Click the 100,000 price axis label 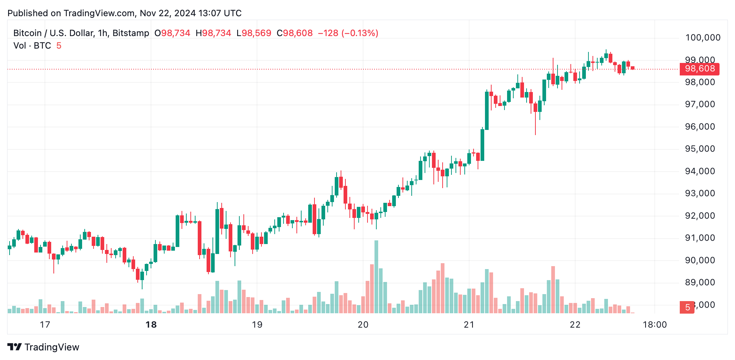(x=703, y=38)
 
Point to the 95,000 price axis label (x=700, y=149)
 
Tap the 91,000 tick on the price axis (x=700, y=238)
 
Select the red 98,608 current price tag (x=699, y=69)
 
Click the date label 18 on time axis (x=151, y=325)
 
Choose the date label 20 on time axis (x=363, y=325)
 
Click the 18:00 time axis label (x=654, y=325)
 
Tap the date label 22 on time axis (x=575, y=325)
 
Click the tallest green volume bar (x=376, y=276)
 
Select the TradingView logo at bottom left (x=43, y=347)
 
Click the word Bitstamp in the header (x=131, y=33)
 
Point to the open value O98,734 (x=172, y=33)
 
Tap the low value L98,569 (x=254, y=33)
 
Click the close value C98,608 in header (x=295, y=33)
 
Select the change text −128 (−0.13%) (x=348, y=33)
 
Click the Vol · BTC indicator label (x=32, y=46)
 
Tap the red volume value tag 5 (x=687, y=307)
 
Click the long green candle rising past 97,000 (x=487, y=110)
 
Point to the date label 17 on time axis (x=45, y=325)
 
